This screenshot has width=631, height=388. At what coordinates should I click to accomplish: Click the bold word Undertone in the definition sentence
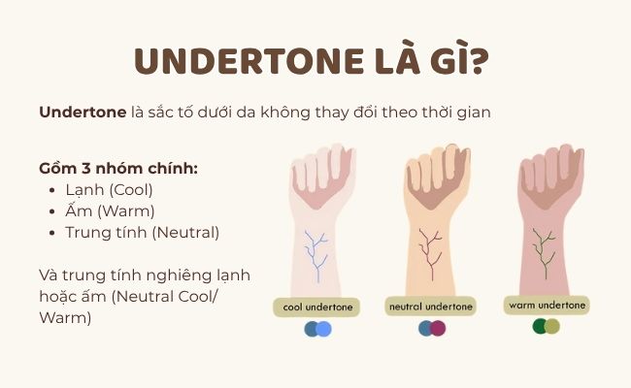(83, 113)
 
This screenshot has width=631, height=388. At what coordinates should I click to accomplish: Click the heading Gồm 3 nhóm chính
(118, 168)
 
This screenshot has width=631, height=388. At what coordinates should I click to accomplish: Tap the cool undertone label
(317, 307)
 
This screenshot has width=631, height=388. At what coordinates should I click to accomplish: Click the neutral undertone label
(430, 307)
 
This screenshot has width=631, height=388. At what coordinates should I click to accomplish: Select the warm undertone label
(547, 305)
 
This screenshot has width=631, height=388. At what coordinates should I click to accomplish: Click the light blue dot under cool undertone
(324, 330)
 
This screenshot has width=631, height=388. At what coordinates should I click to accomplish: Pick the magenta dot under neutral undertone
(438, 329)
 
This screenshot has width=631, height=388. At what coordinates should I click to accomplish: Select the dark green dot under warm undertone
(540, 326)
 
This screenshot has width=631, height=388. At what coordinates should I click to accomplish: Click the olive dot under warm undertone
(552, 326)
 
